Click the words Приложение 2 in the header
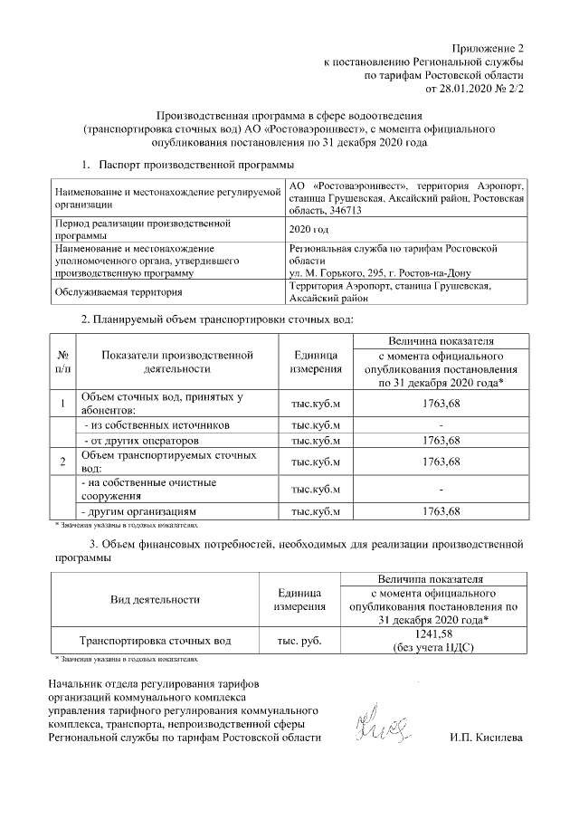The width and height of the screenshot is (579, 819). click(489, 47)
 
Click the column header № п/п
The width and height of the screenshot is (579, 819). click(62, 362)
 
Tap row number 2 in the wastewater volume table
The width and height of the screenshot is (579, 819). click(62, 462)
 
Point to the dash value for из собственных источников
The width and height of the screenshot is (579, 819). click(439, 424)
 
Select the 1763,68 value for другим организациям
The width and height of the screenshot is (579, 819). click(439, 511)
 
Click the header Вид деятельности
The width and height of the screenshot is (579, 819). click(154, 599)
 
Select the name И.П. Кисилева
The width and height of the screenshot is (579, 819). click(485, 738)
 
